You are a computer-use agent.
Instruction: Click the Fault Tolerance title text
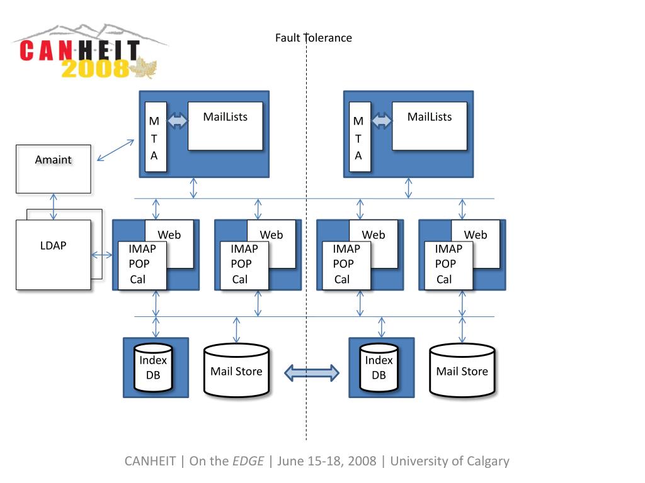pos(313,38)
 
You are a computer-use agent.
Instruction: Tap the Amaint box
pos(53,169)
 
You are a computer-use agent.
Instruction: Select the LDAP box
pos(53,254)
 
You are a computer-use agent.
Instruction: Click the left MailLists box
pos(225,126)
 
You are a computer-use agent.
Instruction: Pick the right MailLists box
pos(429,126)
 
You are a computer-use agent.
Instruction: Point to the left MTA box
pos(156,136)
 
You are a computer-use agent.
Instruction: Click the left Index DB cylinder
pos(153,369)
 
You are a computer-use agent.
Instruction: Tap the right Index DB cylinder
pos(379,369)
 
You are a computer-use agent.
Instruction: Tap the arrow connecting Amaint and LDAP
pos(54,206)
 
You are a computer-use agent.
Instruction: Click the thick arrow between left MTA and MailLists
pos(178,120)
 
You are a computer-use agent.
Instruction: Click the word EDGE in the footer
pos(248,461)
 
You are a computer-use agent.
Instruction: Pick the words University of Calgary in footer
pos(449,461)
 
